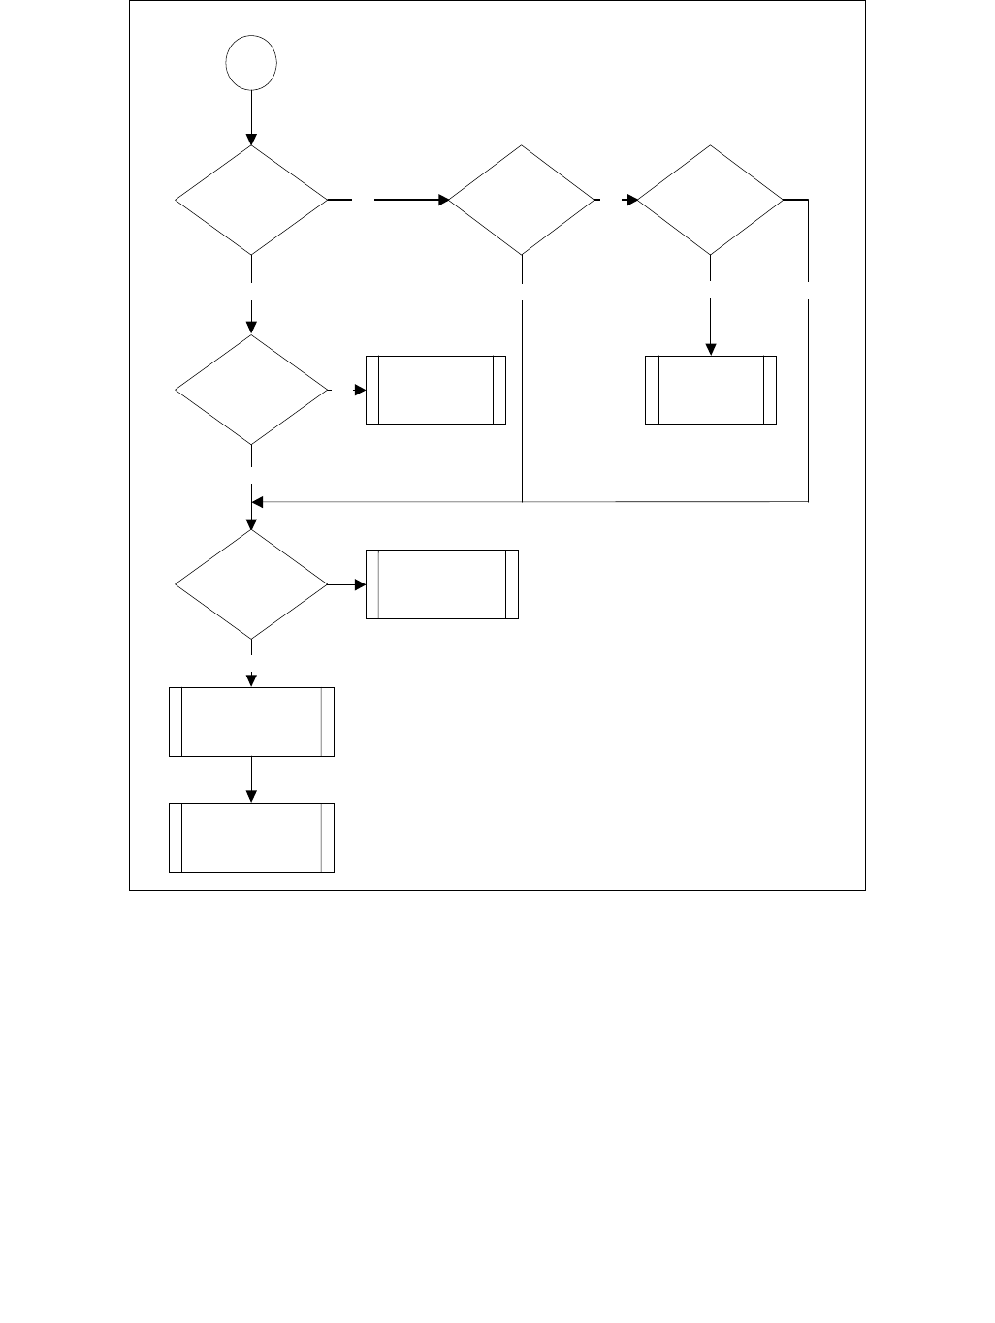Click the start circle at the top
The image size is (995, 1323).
coord(251,63)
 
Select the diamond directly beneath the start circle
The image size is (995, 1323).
coord(251,201)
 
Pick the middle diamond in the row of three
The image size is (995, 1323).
coord(522,201)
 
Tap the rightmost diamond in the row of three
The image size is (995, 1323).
coord(711,201)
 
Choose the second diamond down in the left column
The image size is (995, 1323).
coord(251,390)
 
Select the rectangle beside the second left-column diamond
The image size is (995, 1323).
coord(435,390)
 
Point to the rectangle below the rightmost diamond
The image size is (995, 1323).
coord(711,390)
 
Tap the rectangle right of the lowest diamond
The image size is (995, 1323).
coord(441,584)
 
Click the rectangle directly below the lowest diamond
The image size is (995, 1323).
coord(251,722)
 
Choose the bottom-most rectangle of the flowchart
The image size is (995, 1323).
coord(251,838)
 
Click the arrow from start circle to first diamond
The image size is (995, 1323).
coord(251,117)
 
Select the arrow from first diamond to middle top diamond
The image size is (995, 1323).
coord(411,201)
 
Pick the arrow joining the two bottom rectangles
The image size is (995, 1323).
coord(251,779)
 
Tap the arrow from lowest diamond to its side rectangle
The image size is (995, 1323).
coord(347,585)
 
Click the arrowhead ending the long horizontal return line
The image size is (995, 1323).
coord(258,502)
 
